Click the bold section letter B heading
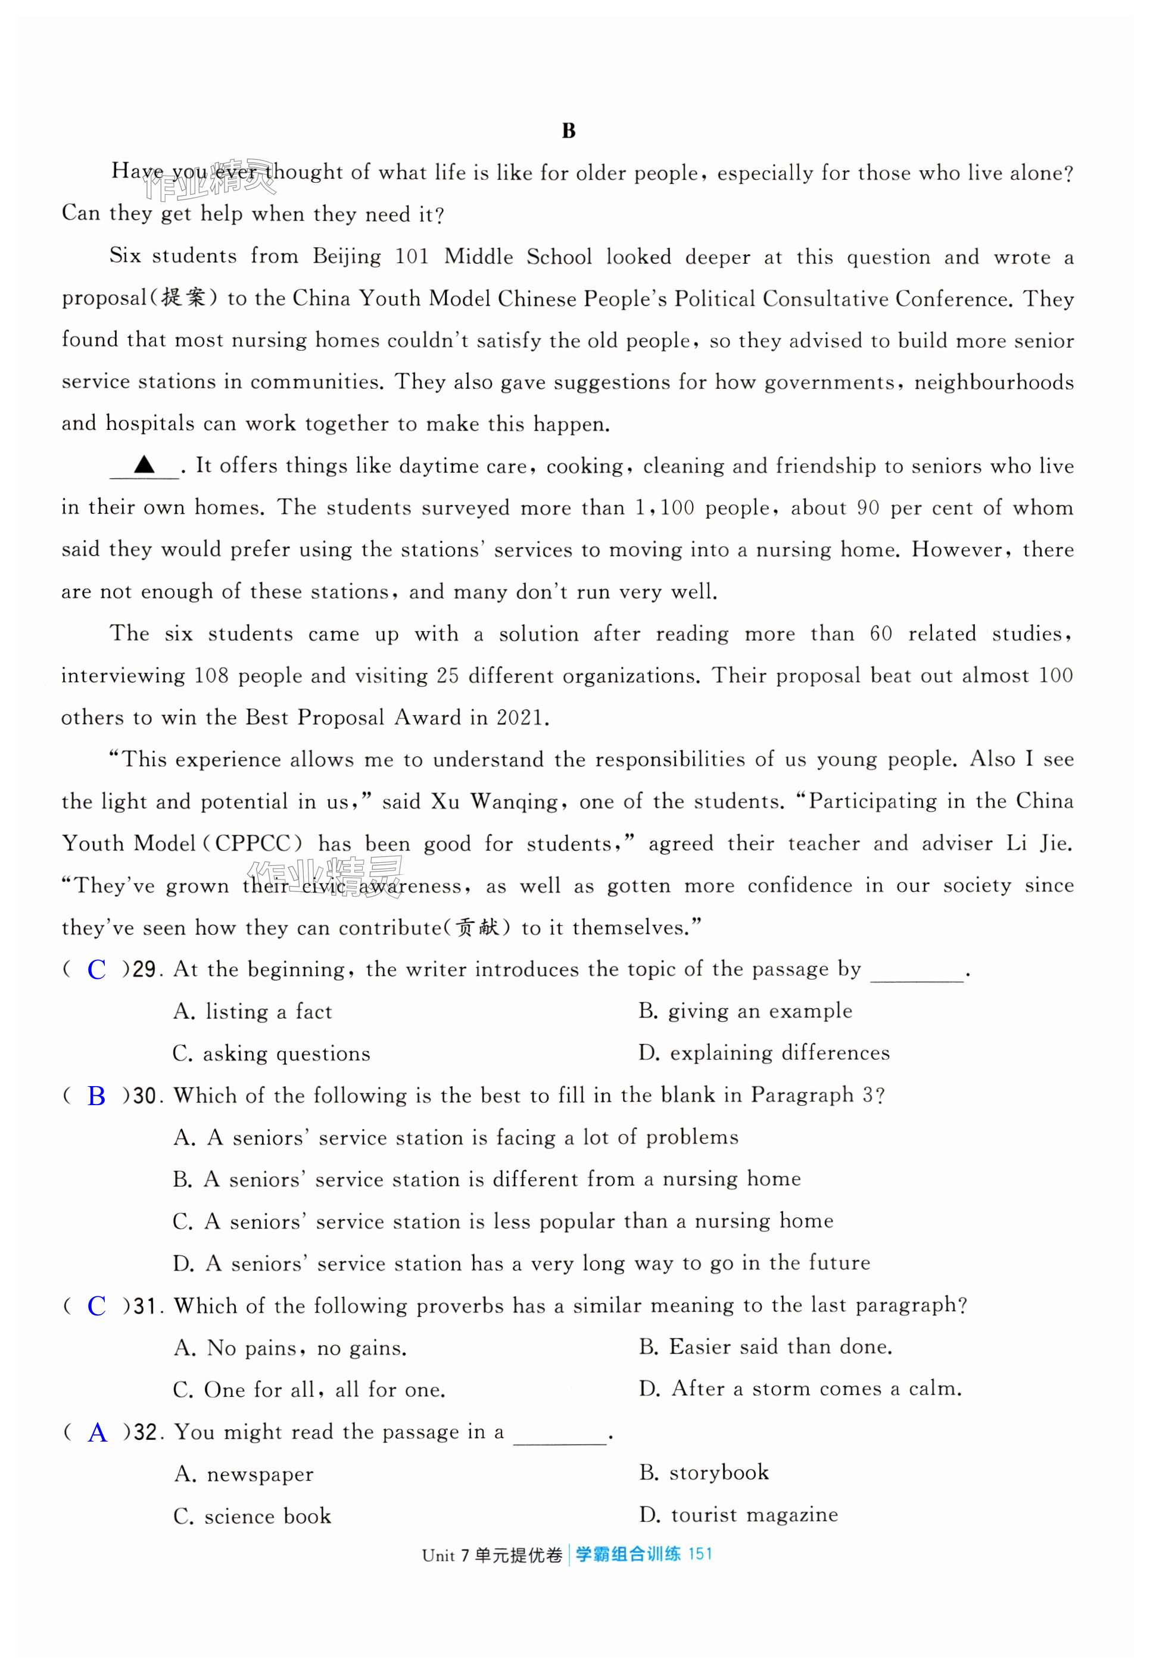coord(568,131)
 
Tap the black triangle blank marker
coord(144,465)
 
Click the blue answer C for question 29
coord(96,970)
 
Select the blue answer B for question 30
coord(96,1096)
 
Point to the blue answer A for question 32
coord(97,1433)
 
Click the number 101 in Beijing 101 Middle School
coord(412,257)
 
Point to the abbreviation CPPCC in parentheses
coord(253,844)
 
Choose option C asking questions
coord(271,1054)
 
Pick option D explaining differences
coord(763,1053)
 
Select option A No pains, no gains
coord(290,1348)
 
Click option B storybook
coord(704,1473)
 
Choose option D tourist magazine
coord(738,1515)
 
